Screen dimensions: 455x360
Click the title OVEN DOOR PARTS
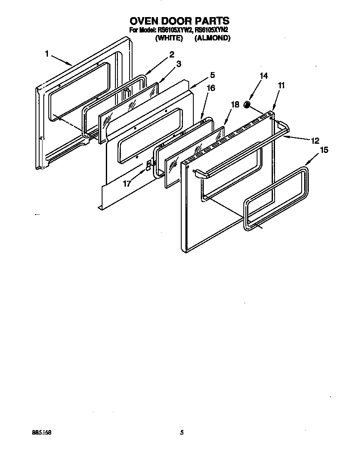point(180,20)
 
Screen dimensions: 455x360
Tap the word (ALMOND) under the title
point(212,38)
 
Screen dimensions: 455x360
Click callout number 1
point(47,53)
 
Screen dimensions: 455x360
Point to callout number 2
point(171,54)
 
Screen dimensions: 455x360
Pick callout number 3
point(178,64)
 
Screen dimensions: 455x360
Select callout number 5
point(212,75)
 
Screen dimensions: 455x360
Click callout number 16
point(211,88)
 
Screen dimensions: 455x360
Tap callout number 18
point(235,105)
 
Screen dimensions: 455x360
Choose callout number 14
point(263,76)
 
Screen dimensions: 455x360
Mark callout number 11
point(282,85)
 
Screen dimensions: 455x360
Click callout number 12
point(315,140)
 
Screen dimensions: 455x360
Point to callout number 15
point(324,150)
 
